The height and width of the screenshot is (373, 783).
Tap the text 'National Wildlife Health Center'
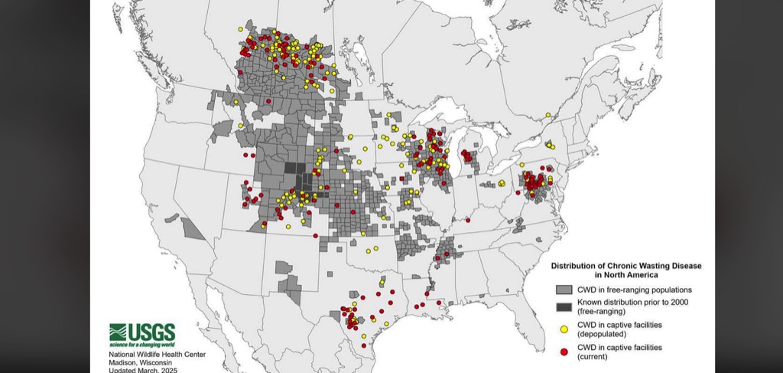point(156,354)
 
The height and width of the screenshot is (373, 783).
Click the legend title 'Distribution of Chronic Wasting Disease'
point(626,266)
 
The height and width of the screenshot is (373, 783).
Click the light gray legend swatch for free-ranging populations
point(564,290)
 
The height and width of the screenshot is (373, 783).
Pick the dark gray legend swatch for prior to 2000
point(564,307)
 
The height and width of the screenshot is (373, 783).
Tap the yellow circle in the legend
point(564,329)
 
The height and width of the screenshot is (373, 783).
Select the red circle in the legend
point(564,351)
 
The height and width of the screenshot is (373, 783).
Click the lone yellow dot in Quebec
point(548,116)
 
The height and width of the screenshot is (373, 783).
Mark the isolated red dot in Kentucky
point(467,219)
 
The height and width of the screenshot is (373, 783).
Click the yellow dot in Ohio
point(502,183)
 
